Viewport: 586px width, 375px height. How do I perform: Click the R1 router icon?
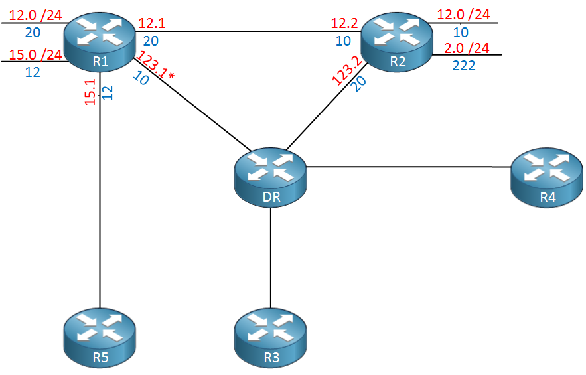100,42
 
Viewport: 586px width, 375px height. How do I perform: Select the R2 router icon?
396,42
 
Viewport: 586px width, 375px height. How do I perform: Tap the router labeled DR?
271,178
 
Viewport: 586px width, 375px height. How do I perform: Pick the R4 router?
546,178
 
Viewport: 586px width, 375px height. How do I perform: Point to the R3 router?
271,338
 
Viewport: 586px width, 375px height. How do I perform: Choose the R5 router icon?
100,338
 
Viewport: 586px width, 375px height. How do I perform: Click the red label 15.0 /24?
35,55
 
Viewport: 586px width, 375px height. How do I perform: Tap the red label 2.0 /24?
467,48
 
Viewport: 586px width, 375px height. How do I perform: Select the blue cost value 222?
464,66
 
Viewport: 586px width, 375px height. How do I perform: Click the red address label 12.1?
152,23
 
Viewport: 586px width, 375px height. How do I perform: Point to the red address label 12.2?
344,23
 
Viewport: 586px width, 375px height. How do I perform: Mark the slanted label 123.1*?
155,66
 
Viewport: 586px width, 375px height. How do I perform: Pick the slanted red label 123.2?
347,70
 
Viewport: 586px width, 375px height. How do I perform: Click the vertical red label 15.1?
90,92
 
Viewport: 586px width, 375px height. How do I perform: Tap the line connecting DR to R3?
271,258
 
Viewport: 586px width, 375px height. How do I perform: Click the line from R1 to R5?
100,190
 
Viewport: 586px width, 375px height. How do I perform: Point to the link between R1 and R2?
248,31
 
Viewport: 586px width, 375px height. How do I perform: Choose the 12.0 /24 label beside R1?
35,15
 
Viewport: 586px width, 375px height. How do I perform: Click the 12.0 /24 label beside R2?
463,15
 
